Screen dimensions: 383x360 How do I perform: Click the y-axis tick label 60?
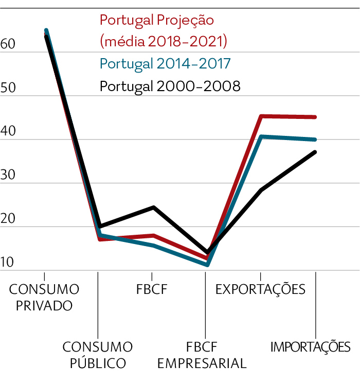(8, 45)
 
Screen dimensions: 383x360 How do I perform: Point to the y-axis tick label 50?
(8, 89)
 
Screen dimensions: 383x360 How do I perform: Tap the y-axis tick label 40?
(8, 132)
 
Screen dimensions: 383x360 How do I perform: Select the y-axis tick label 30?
(8, 176)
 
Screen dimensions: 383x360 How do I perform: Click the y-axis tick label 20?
(8, 219)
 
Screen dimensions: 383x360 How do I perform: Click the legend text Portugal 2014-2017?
(165, 64)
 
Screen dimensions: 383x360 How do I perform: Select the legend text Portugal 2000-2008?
(170, 86)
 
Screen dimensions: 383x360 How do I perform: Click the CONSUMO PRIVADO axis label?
(44, 297)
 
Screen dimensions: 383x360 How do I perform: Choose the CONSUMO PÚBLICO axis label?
(98, 355)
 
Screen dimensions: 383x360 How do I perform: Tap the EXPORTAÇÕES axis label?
(260, 289)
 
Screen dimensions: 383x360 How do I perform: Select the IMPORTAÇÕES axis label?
(311, 346)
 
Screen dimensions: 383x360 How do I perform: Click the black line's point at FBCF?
(153, 207)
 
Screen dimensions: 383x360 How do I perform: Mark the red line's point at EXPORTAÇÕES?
(261, 116)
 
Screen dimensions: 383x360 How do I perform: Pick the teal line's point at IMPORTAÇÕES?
(314, 140)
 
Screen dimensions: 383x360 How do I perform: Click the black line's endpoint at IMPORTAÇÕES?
(314, 152)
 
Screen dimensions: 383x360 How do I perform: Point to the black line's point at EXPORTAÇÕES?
(261, 190)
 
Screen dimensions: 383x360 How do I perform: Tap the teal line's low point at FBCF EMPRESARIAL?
(207, 265)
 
